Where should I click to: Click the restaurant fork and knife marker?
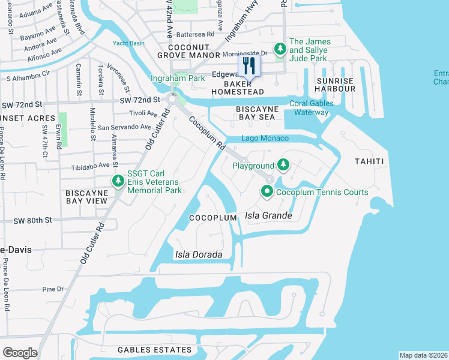coord(250,66)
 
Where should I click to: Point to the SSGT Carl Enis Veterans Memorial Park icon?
coord(118,181)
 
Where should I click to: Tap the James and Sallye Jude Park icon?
coord(279,48)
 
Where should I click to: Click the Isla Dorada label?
coord(198,254)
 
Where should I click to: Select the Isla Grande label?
coord(268,215)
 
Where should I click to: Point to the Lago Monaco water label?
coord(265,139)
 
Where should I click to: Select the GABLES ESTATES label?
coord(154,350)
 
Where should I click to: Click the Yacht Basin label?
coord(128,43)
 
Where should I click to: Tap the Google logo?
coord(19,353)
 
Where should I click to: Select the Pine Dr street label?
coord(53,289)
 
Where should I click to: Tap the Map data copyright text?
coord(423,355)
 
